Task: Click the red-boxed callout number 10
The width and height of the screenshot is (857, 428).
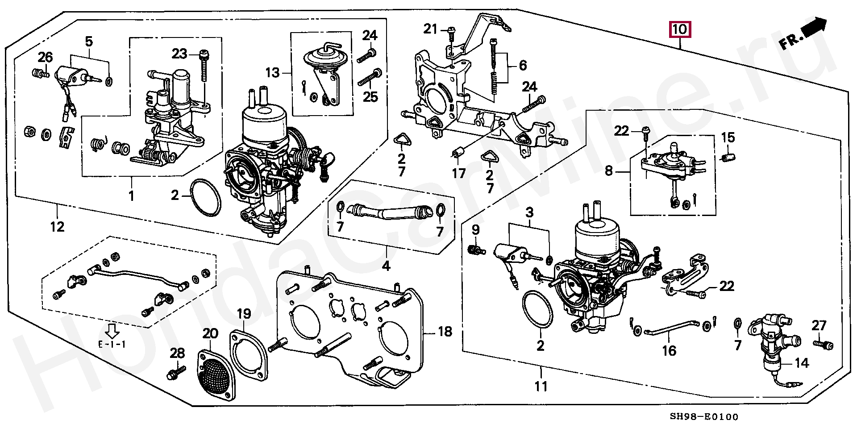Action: click(x=679, y=29)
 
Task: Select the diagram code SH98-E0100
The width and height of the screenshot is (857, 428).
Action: click(x=704, y=417)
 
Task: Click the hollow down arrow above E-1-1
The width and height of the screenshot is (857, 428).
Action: click(x=112, y=331)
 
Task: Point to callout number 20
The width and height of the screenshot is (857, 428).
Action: click(x=210, y=333)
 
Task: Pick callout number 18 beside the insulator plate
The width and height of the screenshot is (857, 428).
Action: click(x=445, y=332)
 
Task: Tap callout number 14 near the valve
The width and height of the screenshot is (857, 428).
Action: click(x=802, y=363)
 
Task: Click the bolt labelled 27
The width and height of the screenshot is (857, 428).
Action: click(x=823, y=345)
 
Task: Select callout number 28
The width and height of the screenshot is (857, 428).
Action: click(x=177, y=353)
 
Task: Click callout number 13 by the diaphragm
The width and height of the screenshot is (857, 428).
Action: click(x=273, y=72)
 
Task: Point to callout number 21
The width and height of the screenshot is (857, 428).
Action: click(x=430, y=29)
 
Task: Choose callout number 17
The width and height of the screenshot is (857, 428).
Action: click(x=459, y=173)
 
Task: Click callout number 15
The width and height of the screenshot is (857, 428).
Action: click(x=728, y=137)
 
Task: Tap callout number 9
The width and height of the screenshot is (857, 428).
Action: click(x=476, y=230)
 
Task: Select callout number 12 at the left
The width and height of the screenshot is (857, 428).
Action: click(x=57, y=227)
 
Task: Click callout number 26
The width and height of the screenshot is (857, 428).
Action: click(x=45, y=57)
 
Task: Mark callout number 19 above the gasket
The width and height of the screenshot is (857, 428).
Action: click(x=244, y=314)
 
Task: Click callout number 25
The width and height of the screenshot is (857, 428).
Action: click(x=370, y=96)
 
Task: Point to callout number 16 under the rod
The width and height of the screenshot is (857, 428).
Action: click(x=669, y=351)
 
